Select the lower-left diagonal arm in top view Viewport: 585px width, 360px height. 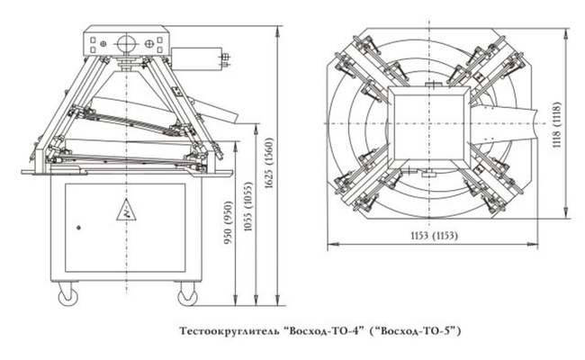[x=364, y=184]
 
